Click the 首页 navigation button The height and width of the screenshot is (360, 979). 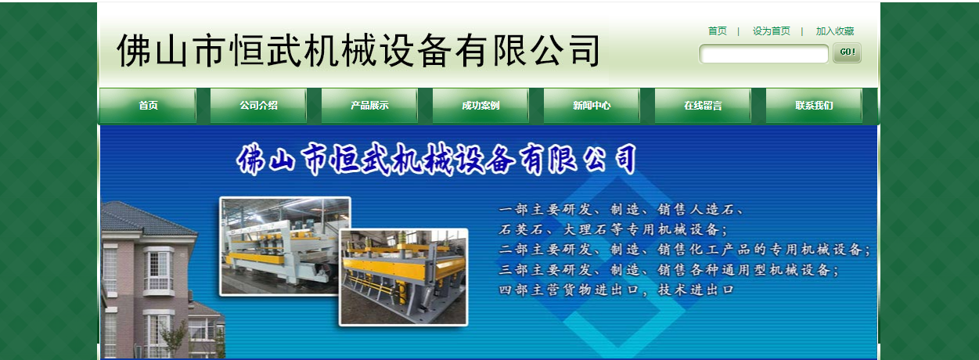(x=148, y=106)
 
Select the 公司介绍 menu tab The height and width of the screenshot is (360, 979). (x=258, y=106)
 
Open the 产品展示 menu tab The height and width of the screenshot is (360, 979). (x=369, y=106)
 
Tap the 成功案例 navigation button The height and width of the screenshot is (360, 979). (x=481, y=106)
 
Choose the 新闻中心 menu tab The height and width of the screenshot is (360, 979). (x=592, y=106)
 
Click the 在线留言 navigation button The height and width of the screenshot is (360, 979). (x=703, y=106)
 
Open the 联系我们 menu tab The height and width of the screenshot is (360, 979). (x=814, y=106)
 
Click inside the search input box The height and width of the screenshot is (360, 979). (x=763, y=54)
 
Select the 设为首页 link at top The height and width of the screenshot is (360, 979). (x=771, y=31)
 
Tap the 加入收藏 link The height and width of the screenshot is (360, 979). (x=834, y=31)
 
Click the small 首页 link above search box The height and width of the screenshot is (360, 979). (x=717, y=31)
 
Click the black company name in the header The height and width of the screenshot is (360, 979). (x=358, y=51)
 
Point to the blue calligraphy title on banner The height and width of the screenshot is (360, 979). (x=436, y=160)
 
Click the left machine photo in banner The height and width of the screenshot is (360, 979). (x=284, y=245)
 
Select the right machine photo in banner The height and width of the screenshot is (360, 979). (x=404, y=276)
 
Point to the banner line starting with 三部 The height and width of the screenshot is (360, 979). (x=669, y=270)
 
